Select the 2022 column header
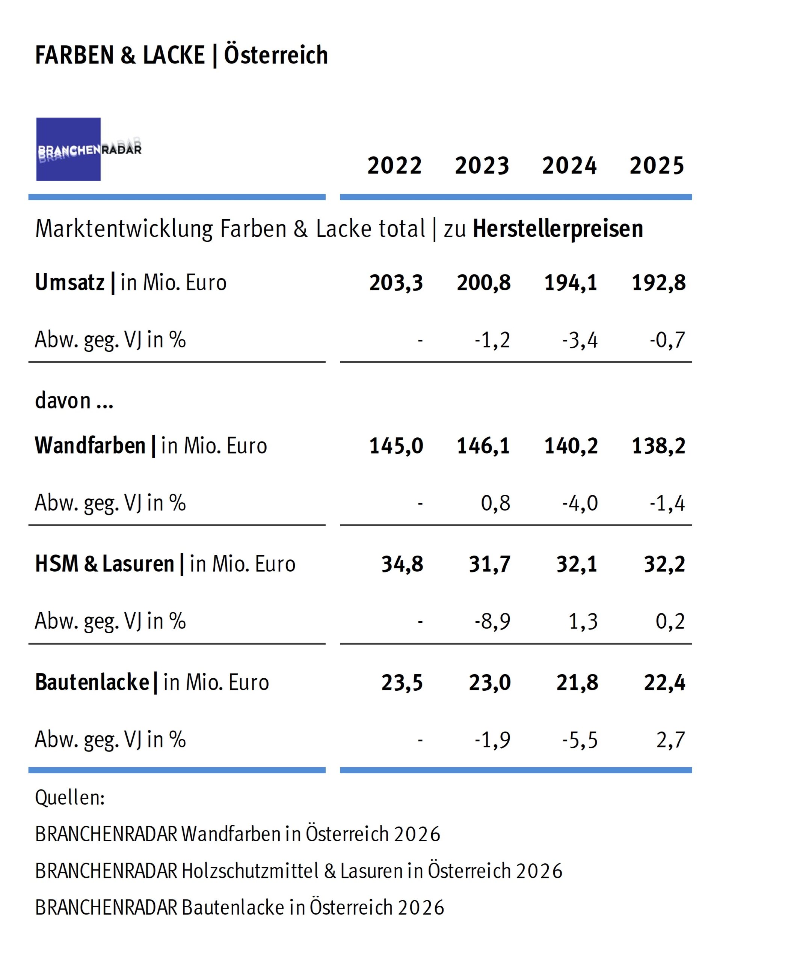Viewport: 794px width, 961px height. pos(394,166)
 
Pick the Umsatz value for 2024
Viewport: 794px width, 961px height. pos(571,283)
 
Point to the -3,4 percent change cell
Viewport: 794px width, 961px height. pos(580,340)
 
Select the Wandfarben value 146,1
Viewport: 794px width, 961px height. pos(483,446)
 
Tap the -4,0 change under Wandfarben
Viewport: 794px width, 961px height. pos(580,503)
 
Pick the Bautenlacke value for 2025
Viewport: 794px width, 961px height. pos(664,682)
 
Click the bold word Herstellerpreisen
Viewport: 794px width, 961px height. pos(557,229)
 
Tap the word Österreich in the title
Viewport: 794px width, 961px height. pos(276,55)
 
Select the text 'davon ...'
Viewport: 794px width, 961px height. pos(74,401)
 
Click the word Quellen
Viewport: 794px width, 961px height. pos(69,798)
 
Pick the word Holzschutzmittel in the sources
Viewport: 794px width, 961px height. pos(250,871)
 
